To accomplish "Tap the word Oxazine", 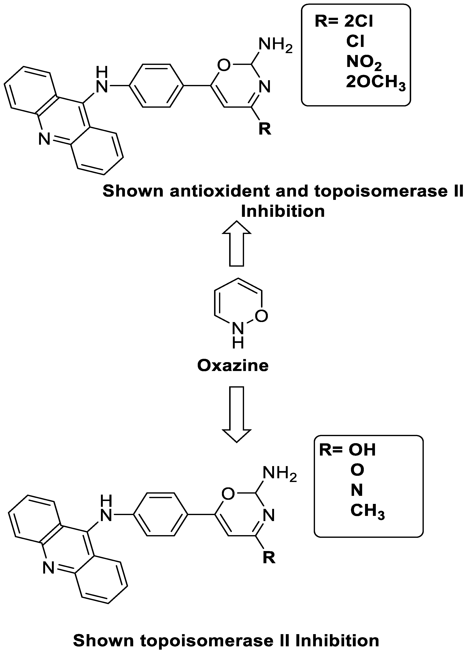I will tap(233, 366).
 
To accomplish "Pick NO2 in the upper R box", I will tap(364, 62).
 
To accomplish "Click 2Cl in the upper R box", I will tap(359, 21).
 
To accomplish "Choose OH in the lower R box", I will tap(362, 450).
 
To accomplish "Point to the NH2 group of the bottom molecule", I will tap(279, 474).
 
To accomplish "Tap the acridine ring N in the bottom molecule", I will tap(48, 568).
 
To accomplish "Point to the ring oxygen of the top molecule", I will tap(224, 65).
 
